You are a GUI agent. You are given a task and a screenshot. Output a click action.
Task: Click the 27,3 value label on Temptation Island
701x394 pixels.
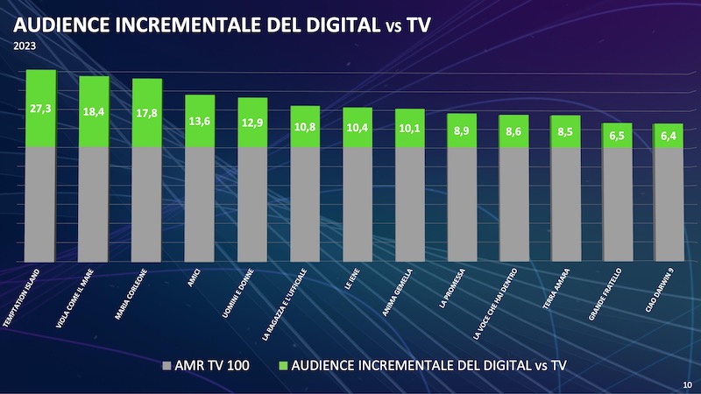pos(40,109)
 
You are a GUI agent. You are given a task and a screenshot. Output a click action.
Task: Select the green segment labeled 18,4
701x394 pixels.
pos(93,113)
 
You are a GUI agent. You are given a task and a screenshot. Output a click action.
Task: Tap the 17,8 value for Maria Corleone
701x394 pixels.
pos(145,114)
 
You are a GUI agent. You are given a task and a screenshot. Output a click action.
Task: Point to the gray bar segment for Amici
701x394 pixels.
pos(199,203)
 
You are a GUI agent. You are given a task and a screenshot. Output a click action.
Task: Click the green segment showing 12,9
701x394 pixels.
pos(252,123)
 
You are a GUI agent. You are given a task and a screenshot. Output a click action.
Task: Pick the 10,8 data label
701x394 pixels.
pos(304,127)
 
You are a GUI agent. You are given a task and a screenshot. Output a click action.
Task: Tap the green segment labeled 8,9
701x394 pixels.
pos(461,130)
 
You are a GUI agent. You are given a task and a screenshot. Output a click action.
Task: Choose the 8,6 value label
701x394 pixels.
pos(513,131)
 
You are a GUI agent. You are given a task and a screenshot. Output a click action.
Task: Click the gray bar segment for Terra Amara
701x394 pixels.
pos(565,203)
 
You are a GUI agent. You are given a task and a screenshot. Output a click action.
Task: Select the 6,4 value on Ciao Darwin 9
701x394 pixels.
pos(669,137)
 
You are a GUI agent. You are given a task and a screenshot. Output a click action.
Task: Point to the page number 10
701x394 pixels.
pos(686,384)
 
